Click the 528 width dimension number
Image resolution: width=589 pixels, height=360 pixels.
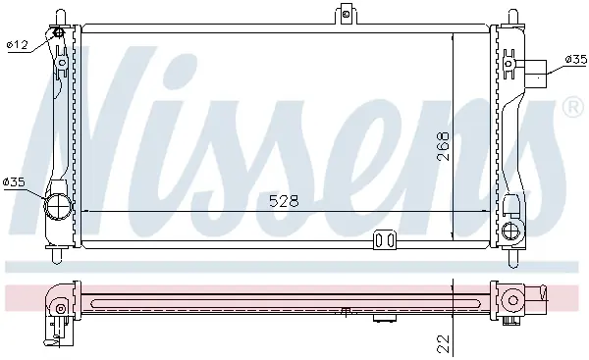(x=284, y=201)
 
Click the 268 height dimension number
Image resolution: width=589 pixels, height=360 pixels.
(x=444, y=146)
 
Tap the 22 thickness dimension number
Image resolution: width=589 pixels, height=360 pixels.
(x=444, y=343)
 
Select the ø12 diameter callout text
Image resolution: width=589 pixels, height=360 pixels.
(x=18, y=45)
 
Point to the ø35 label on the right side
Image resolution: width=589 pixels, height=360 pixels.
(x=576, y=59)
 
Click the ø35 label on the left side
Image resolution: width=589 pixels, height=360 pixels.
(x=14, y=182)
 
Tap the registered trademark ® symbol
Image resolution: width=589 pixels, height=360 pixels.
(x=572, y=107)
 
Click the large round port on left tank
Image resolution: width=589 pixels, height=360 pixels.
(x=58, y=206)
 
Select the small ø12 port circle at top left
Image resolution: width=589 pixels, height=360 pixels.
(x=59, y=33)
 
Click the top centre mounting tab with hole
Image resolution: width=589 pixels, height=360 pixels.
(x=346, y=14)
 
